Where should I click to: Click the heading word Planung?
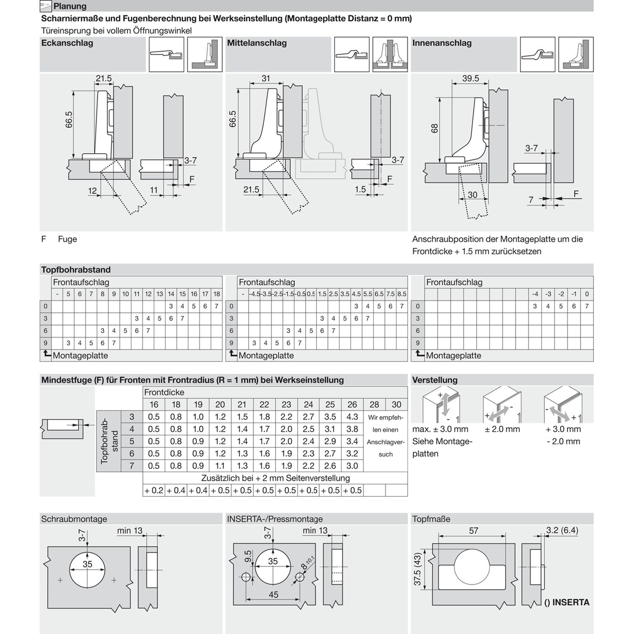pos(70,6)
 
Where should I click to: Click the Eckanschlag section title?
pos(67,43)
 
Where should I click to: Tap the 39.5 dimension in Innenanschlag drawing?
pos(470,79)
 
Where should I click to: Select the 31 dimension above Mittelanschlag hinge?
pos(266,79)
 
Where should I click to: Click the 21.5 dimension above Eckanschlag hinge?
pos(103,79)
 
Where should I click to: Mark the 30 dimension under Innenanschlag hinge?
pos(472,195)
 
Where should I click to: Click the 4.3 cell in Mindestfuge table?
pos(352,417)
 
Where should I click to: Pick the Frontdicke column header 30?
pos(396,404)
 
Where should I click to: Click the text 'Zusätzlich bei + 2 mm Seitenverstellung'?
pos(275,478)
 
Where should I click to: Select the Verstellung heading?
pos(434,380)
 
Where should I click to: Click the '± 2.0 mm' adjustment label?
pos(502,429)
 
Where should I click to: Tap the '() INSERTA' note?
pos(566,602)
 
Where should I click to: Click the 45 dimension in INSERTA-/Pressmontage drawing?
pos(273,594)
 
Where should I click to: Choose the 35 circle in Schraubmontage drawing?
pos(87,564)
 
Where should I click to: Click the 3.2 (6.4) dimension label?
pos(562,530)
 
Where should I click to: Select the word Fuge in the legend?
pos(68,239)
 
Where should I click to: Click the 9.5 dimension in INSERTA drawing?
pos(248,556)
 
